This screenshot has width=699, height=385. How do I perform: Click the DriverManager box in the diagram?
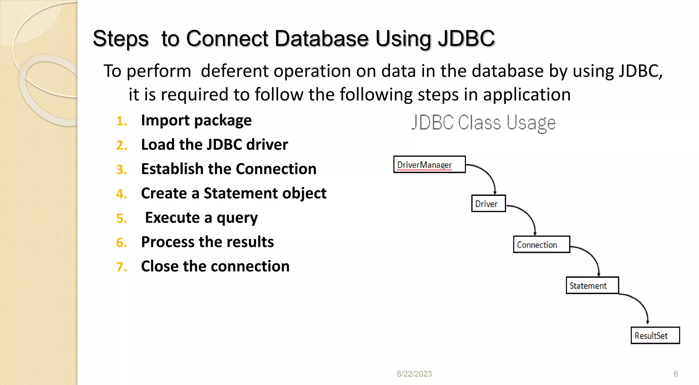[x=429, y=165]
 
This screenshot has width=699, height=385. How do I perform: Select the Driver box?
[x=488, y=203]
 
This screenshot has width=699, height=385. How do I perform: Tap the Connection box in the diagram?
[x=541, y=244]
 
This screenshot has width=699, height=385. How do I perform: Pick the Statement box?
[x=592, y=285]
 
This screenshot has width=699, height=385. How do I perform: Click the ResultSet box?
[x=655, y=336]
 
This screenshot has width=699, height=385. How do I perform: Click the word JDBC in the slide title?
[x=466, y=38]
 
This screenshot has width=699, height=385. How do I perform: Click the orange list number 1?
[x=122, y=121]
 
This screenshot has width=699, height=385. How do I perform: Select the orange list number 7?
[x=122, y=267]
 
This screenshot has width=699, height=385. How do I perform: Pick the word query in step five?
[x=237, y=218]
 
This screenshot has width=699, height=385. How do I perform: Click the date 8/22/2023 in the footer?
[x=414, y=374]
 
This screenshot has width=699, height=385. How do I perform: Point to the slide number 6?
[x=675, y=374]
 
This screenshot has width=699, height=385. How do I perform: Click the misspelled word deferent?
[x=234, y=71]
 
